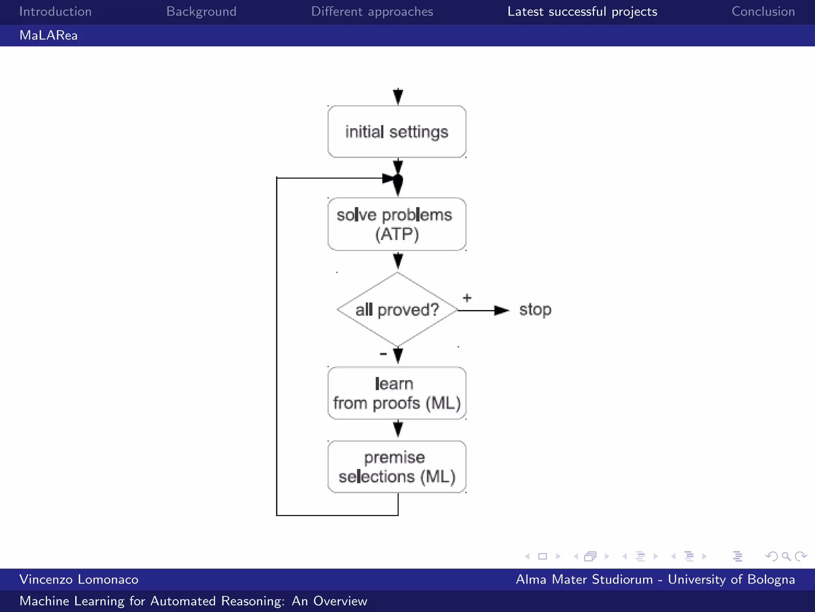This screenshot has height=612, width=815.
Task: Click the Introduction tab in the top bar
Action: pyautogui.click(x=55, y=12)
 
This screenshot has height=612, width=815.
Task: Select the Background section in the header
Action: pyautogui.click(x=201, y=12)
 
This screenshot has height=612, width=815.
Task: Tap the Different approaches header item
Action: pyautogui.click(x=372, y=12)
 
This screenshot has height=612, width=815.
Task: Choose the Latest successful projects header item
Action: pyautogui.click(x=582, y=12)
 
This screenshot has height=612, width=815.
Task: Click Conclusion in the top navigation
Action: pyautogui.click(x=763, y=12)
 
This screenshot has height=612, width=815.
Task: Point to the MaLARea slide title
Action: pyautogui.click(x=49, y=35)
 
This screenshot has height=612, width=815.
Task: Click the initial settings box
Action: pyautogui.click(x=397, y=132)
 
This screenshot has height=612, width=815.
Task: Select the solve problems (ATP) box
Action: pyautogui.click(x=397, y=224)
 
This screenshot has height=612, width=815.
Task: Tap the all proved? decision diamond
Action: pyautogui.click(x=397, y=310)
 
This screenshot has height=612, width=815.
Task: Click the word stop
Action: pyautogui.click(x=535, y=310)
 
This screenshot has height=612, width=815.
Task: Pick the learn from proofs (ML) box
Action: pyautogui.click(x=397, y=393)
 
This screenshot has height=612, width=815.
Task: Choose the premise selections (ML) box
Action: pyautogui.click(x=397, y=467)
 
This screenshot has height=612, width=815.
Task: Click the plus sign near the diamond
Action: pyautogui.click(x=467, y=298)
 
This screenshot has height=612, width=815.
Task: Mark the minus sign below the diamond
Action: pyautogui.click(x=383, y=354)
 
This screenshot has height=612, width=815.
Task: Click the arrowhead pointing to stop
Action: pyautogui.click(x=501, y=310)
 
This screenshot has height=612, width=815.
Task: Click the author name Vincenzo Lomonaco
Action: pyautogui.click(x=79, y=579)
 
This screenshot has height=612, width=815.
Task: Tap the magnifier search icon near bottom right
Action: pyautogui.click(x=786, y=556)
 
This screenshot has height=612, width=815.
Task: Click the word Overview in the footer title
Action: pyautogui.click(x=340, y=601)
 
